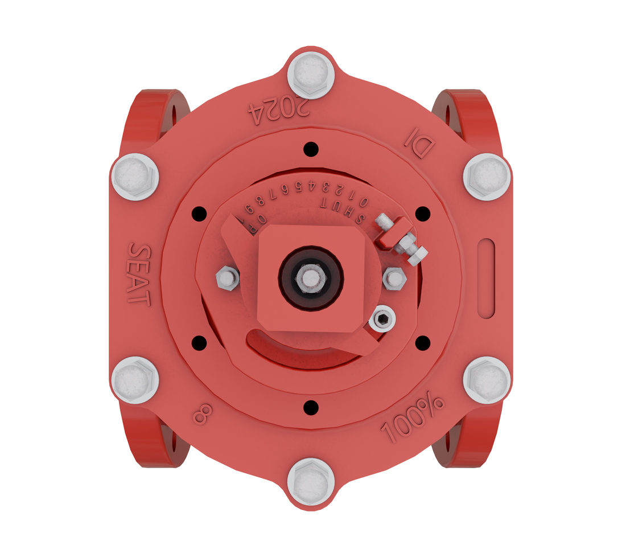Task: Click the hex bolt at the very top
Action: tap(311, 74)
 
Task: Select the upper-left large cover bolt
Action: tap(135, 176)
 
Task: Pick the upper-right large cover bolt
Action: tap(487, 176)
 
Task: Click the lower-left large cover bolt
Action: tap(135, 380)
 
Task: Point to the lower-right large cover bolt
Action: tap(487, 380)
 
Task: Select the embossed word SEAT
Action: tap(138, 274)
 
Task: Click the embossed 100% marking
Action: tap(412, 420)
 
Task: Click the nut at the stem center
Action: tap(311, 278)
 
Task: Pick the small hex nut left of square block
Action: tap(227, 278)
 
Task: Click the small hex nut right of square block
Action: tap(394, 278)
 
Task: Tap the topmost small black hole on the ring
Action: tap(310, 149)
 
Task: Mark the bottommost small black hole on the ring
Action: tap(310, 407)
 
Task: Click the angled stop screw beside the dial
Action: tap(402, 240)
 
